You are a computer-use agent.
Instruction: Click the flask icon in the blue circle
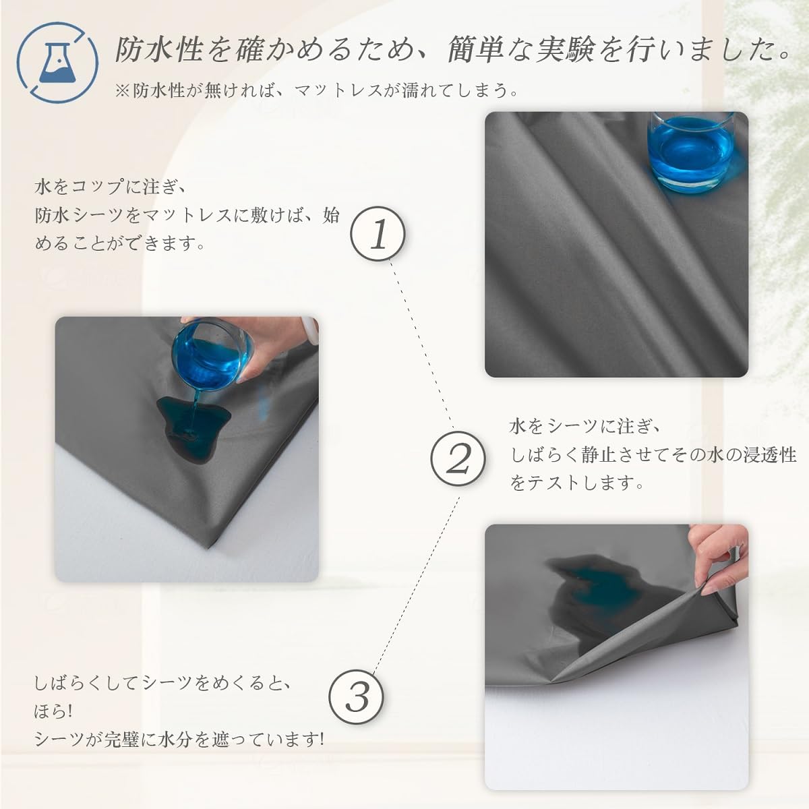(57, 64)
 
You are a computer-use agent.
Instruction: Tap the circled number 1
(378, 234)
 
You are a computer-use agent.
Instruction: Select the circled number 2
(458, 458)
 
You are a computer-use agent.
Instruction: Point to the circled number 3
(356, 697)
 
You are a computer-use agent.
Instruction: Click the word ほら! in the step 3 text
(53, 711)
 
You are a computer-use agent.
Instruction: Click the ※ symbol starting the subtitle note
(123, 91)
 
